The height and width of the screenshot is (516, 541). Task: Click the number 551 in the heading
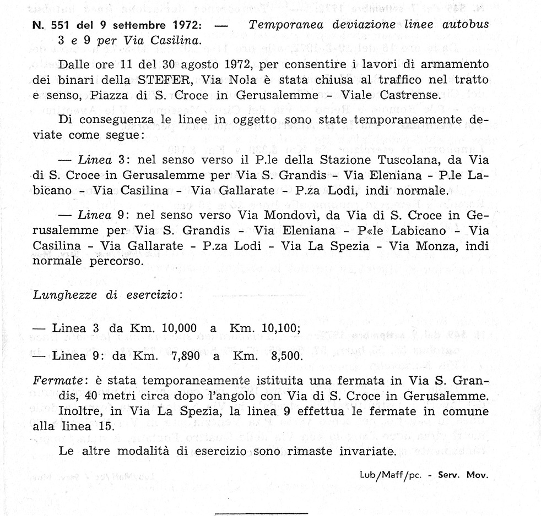coord(59,26)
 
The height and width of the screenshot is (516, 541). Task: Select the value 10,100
coord(273,328)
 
